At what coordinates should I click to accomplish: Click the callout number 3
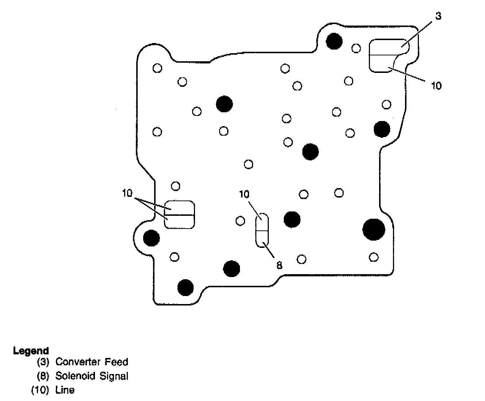[438, 16]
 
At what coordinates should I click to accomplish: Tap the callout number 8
[279, 265]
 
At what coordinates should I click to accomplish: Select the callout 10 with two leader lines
[127, 193]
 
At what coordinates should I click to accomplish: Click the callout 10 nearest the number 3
[436, 86]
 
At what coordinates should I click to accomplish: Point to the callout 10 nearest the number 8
[244, 194]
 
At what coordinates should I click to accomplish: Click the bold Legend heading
[31, 351]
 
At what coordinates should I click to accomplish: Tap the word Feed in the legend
[117, 362]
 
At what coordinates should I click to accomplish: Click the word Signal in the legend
[114, 376]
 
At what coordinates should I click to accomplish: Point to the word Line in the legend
[65, 390]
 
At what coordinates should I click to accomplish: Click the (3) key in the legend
[43, 362]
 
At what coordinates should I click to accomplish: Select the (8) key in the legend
[43, 376]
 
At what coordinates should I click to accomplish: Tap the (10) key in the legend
[40, 390]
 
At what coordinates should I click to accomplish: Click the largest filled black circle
[374, 229]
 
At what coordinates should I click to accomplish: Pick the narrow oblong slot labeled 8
[262, 231]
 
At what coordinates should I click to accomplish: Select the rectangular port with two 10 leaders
[180, 215]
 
